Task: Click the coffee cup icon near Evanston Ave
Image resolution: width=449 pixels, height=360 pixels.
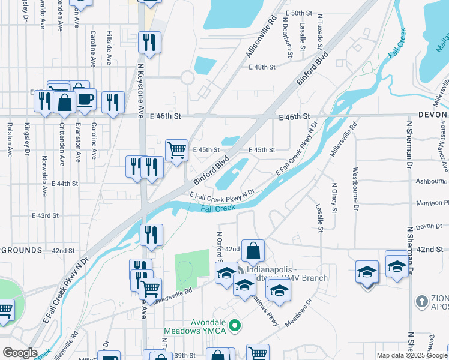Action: click(x=84, y=99)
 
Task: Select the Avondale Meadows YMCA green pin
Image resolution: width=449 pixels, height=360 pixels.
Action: click(x=235, y=326)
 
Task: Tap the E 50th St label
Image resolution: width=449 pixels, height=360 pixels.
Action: click(x=300, y=13)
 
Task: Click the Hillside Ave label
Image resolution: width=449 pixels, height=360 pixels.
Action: click(x=109, y=48)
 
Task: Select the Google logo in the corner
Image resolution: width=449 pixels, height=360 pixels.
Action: click(x=20, y=352)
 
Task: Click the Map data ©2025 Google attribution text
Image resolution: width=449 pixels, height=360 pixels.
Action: click(x=412, y=355)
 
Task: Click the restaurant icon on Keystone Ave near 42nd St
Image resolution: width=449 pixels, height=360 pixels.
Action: click(x=151, y=235)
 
